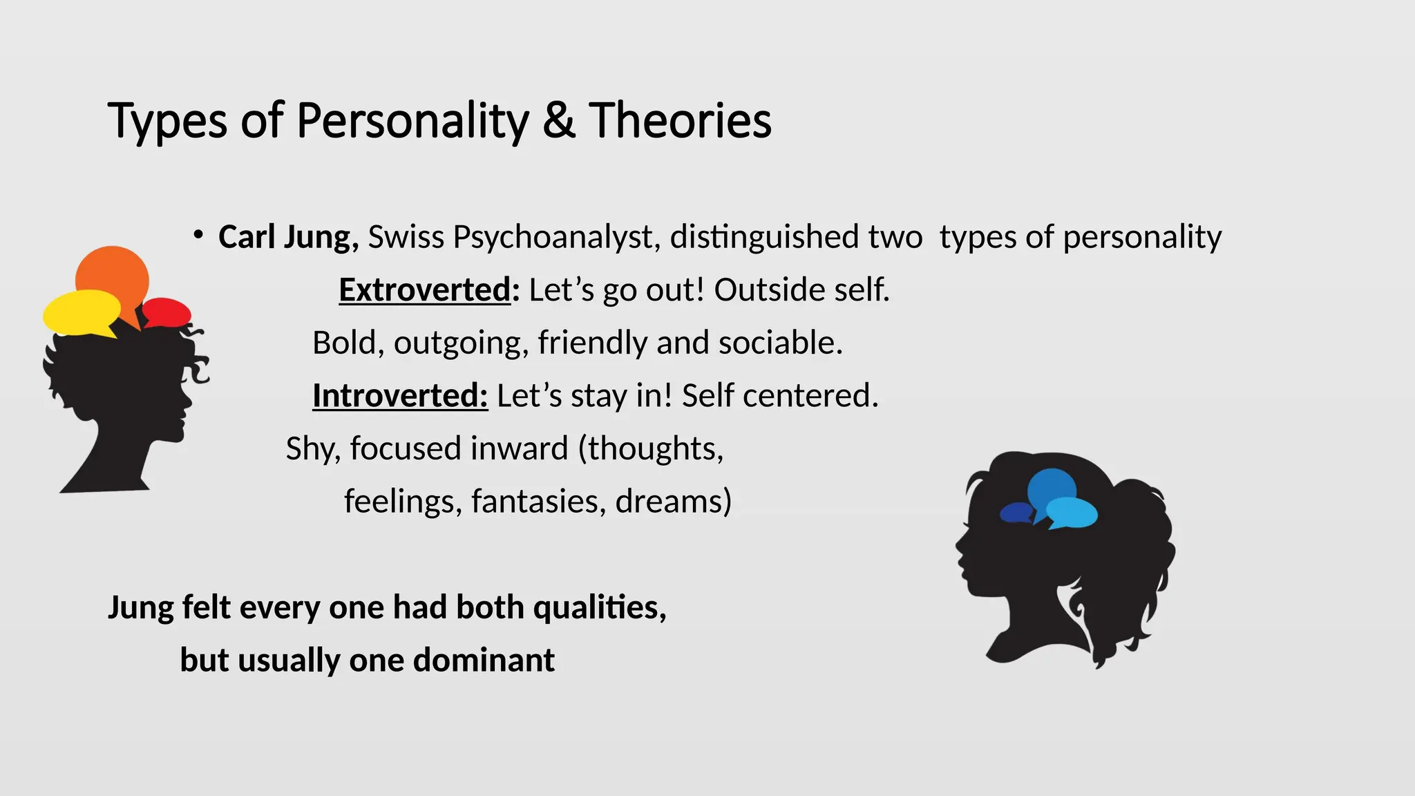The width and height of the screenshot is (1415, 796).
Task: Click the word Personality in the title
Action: [412, 121]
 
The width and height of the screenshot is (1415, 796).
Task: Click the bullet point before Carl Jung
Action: [198, 236]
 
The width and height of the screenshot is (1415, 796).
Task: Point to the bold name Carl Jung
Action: [287, 237]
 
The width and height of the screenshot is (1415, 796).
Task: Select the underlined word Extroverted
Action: [424, 290]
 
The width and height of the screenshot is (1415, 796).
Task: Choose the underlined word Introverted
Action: [399, 396]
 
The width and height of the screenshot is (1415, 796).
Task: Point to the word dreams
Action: [672, 501]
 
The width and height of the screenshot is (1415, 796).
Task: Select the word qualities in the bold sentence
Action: [598, 607]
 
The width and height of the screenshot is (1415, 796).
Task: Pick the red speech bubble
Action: [167, 312]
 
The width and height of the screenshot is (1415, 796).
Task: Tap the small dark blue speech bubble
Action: [1016, 513]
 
